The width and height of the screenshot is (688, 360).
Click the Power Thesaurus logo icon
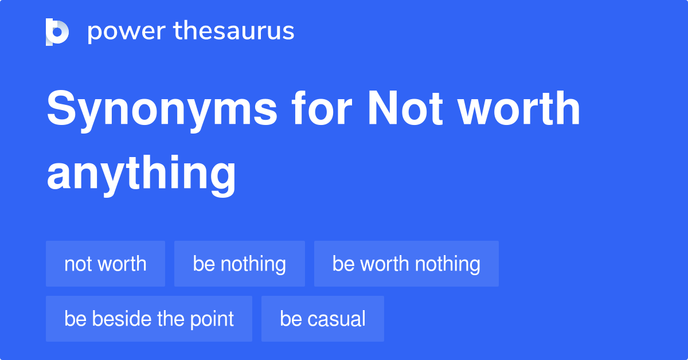coord(57,32)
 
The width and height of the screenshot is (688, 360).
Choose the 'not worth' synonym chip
coord(105,264)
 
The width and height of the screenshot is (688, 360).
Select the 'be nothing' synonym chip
coord(240,264)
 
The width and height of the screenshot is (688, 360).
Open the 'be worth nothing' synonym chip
coord(406,264)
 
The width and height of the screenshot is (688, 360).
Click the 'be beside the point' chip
coord(149,319)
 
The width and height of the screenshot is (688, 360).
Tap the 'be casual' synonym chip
coord(322,319)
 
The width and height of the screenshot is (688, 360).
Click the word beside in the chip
coord(118,319)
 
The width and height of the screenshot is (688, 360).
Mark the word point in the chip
coord(212,319)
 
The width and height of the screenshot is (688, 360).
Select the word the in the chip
coord(169,319)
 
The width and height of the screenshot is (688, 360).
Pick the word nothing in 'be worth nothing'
coord(448,264)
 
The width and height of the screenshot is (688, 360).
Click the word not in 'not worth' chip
coord(77,264)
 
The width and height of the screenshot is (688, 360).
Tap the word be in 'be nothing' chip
coord(204,264)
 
